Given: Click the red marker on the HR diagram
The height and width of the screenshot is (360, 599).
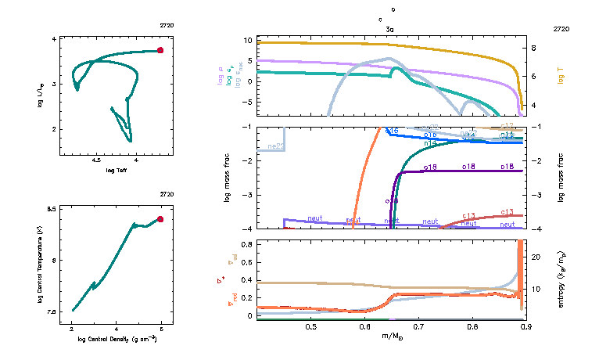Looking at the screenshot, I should (160, 50).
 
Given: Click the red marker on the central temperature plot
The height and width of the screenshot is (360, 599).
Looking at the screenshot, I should (160, 219).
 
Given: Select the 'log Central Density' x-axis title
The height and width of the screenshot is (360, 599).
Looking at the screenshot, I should (117, 339).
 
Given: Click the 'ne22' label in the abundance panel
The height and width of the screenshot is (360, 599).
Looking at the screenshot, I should (275, 146).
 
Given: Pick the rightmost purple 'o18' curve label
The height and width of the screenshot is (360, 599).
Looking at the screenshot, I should (507, 167).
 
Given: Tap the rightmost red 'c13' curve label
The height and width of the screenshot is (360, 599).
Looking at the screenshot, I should (507, 213).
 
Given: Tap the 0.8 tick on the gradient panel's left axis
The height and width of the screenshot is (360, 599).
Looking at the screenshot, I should (246, 245).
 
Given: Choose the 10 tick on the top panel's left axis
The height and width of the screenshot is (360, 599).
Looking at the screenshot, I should (246, 40).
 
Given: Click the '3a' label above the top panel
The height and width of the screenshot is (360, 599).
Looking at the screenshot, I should (389, 29).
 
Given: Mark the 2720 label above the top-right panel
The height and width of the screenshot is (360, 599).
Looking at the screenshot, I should (561, 29).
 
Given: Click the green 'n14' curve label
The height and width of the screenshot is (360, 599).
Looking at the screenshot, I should (429, 143).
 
